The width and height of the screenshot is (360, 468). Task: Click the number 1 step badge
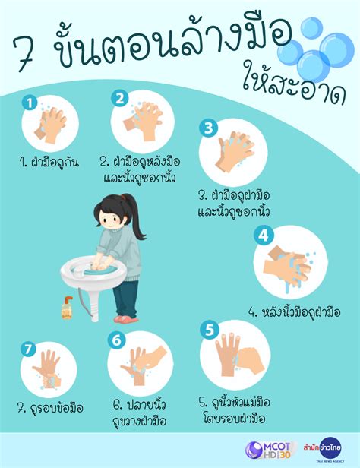[x=28, y=102]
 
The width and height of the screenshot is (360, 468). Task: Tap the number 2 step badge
[x=119, y=97]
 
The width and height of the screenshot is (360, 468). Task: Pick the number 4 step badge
[x=264, y=236]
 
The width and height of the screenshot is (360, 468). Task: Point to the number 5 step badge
[x=210, y=330]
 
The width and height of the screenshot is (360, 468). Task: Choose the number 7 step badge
[x=28, y=349]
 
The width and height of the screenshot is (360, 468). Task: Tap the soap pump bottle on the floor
[x=67, y=308]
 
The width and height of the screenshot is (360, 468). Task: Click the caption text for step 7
[x=49, y=408]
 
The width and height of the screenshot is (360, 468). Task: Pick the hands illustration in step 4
[x=288, y=267]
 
